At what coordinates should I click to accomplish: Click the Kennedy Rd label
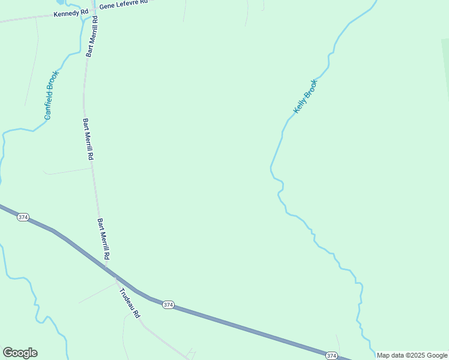pyautogui.click(x=71, y=13)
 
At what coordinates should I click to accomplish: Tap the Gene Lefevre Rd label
pyautogui.click(x=123, y=4)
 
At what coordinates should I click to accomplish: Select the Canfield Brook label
pyautogui.click(x=52, y=95)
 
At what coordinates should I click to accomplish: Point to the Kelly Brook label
pyautogui.click(x=305, y=97)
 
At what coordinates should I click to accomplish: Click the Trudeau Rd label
pyautogui.click(x=129, y=303)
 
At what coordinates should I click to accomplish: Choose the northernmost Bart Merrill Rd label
pyautogui.click(x=92, y=37)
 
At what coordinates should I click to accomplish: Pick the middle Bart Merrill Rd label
pyautogui.click(x=88, y=139)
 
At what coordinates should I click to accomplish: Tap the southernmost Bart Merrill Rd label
pyautogui.click(x=104, y=238)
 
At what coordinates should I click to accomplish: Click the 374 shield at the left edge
pyautogui.click(x=23, y=217)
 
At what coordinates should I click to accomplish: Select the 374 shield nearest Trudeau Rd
pyautogui.click(x=168, y=305)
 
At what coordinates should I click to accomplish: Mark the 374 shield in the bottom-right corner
pyautogui.click(x=331, y=356)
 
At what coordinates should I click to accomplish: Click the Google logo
pyautogui.click(x=20, y=353)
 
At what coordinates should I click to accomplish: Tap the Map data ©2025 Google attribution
pyautogui.click(x=412, y=355)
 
